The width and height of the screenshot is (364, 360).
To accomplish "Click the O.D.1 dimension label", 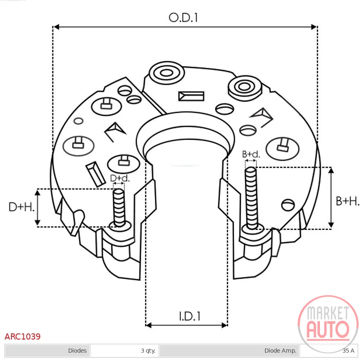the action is point(183,18).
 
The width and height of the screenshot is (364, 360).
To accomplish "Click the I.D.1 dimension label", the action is point(189,316).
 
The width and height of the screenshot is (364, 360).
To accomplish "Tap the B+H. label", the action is point(348,201).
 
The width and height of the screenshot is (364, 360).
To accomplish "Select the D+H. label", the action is point(21,207).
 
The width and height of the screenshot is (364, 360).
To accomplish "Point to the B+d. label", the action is point(251,154).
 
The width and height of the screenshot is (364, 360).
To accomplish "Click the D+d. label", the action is point(119,178).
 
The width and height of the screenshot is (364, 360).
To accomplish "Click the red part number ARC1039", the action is point(22,336).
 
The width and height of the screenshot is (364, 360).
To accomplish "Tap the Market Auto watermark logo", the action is point(328,323).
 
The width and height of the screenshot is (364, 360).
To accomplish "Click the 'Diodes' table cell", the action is point(47,351).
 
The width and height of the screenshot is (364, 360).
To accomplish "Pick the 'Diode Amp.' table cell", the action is point(229,351).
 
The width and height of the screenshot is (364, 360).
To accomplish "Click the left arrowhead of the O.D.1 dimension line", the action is point(56,27).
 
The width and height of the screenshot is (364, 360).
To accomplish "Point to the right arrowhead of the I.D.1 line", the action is point(224,325).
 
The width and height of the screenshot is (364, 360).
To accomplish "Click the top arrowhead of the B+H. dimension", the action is point(331,171).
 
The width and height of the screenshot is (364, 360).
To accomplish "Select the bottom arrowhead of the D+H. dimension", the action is point(38,223).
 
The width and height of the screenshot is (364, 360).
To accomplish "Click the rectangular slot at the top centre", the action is point(191,96).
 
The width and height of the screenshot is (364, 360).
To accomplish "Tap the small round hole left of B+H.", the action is point(288,205).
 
